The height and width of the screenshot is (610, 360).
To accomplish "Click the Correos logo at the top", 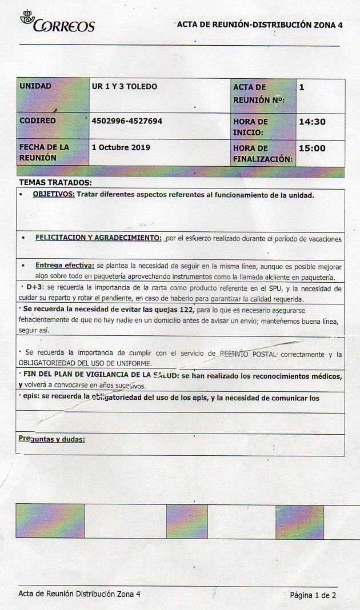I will pyautogui.click(x=57, y=22).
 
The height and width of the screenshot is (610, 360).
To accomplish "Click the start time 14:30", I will pyautogui.click(x=312, y=122).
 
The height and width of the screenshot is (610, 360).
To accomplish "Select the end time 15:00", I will pyautogui.click(x=312, y=148).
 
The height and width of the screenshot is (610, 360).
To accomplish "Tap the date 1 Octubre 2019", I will pyautogui.click(x=121, y=147).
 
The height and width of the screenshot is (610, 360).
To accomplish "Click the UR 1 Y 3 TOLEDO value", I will pyautogui.click(x=124, y=86).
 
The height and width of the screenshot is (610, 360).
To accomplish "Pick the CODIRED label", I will pyautogui.click(x=38, y=121).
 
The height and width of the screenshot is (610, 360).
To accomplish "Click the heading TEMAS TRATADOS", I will pyautogui.click(x=55, y=182).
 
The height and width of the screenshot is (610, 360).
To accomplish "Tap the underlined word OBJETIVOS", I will pyautogui.click(x=54, y=195).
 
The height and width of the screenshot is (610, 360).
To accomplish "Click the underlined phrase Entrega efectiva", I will pyautogui.click(x=65, y=266).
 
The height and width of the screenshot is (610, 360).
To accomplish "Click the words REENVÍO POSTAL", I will pyautogui.click(x=249, y=354).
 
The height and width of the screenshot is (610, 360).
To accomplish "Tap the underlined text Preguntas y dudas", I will pyautogui.click(x=52, y=439).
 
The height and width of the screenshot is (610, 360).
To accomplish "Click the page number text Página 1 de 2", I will pyautogui.click(x=313, y=595).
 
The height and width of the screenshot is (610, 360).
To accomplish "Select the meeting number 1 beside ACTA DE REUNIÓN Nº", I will pyautogui.click(x=302, y=87).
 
